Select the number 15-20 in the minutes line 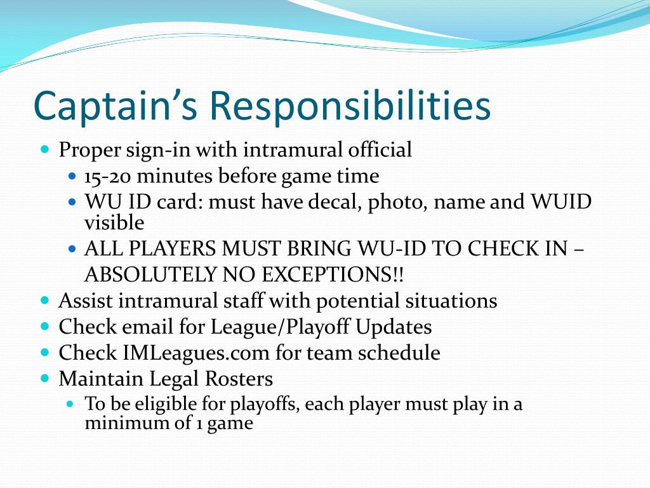click(x=109, y=176)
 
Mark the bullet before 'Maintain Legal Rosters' click(x=44, y=378)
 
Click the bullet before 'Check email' click(x=44, y=326)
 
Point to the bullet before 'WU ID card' click(x=72, y=202)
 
